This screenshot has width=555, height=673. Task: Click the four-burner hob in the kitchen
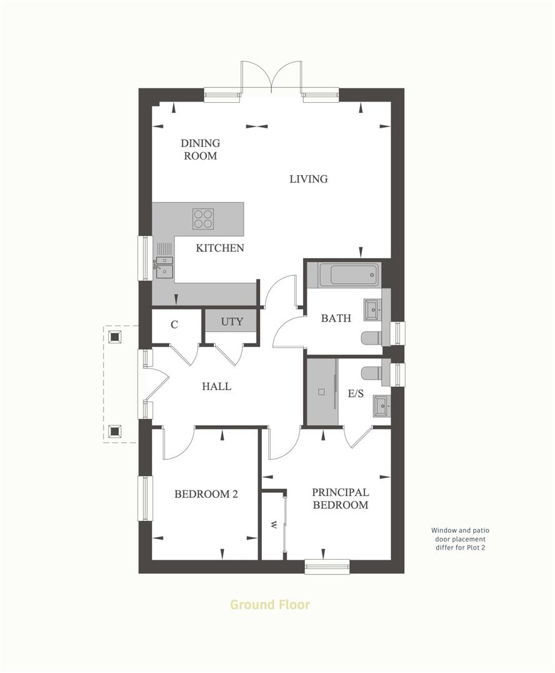[203, 218]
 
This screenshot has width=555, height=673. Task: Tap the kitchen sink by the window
[165, 266]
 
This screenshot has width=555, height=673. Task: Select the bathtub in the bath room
[349, 274]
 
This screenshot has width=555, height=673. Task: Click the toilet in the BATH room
[372, 338]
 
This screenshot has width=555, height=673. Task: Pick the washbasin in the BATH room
[374, 307]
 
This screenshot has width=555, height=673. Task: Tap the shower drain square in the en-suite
[322, 392]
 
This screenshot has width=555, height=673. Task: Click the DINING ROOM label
[201, 150]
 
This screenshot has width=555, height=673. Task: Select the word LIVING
[309, 179]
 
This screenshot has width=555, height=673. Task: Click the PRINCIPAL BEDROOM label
[340, 499]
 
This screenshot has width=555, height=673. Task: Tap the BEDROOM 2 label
[206, 494]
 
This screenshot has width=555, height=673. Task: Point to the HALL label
[216, 386]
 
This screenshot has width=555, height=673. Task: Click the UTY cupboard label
[232, 323]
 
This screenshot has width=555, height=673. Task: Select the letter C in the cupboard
[175, 324]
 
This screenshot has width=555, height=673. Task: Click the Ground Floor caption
[270, 604]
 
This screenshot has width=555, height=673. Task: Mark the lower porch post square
[115, 430]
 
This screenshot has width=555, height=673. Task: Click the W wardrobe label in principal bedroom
[273, 525]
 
